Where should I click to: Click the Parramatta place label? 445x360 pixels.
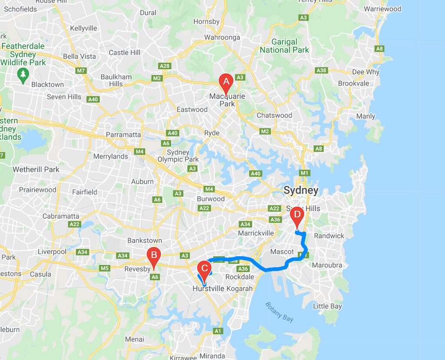pos(123,135)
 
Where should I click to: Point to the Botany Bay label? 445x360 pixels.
pos(279,311)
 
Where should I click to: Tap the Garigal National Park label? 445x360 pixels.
pos(284,46)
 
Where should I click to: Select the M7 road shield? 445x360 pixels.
pos(81,70)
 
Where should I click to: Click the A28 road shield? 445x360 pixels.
pos(165,66)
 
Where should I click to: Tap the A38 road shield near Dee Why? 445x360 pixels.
pos(321,70)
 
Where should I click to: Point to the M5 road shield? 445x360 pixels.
pos(104,268)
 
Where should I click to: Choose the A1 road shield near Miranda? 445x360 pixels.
pos(218,331)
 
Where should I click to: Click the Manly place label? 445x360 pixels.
pos(365,116)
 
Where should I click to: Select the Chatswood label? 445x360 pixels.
pos(274,116)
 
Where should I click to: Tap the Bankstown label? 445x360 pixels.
pos(144,241)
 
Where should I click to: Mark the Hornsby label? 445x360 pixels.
pos(206,22)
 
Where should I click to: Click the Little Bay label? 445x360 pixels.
pos(327,306)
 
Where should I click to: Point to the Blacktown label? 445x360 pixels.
pos(47,85)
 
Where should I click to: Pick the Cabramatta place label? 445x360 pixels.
pos(61,216)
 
